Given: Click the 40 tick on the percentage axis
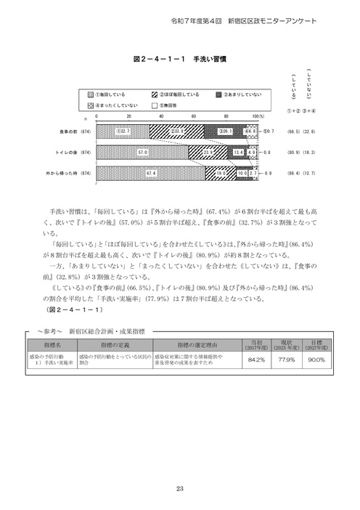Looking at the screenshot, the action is coord(162,116).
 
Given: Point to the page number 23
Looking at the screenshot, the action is coord(179,487).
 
